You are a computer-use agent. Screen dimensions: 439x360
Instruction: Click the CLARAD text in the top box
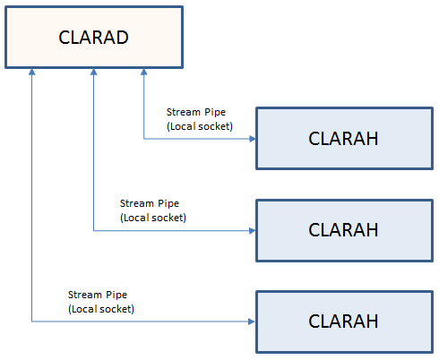coord(93,38)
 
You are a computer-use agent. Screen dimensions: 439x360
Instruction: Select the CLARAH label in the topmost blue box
coord(343,139)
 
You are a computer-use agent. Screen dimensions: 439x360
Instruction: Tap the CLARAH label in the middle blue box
coord(343,230)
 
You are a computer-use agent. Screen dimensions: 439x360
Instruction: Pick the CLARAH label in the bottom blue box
coord(343,321)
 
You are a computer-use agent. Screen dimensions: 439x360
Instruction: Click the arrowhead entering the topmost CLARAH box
coord(253,139)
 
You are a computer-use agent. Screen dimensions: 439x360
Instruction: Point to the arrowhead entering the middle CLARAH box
coord(253,230)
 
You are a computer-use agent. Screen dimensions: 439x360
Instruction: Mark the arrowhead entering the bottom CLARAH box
coord(252,321)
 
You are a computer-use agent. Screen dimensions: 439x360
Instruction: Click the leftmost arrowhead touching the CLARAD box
coord(32,72)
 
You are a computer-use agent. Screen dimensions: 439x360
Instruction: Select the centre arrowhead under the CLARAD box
coord(94,72)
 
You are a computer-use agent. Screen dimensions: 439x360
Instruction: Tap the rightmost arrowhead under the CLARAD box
coord(144,72)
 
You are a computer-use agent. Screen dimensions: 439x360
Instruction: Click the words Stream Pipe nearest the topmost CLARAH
coord(196,113)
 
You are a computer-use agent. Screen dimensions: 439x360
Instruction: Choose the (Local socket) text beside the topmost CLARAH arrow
coord(200,126)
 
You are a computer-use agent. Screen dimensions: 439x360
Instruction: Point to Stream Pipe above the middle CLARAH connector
coord(150,204)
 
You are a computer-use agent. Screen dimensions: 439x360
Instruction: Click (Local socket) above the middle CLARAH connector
coord(153,218)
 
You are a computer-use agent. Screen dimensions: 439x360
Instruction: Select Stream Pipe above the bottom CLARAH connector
coord(98,296)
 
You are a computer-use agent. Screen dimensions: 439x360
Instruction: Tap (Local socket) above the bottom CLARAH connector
coord(101,309)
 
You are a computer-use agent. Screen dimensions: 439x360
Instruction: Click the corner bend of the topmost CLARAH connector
coord(144,139)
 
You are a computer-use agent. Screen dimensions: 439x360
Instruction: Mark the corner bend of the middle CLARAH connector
coord(94,230)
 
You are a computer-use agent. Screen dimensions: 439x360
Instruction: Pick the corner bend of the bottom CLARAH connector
coord(32,321)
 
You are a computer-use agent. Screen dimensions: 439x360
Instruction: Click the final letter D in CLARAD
coord(123,38)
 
